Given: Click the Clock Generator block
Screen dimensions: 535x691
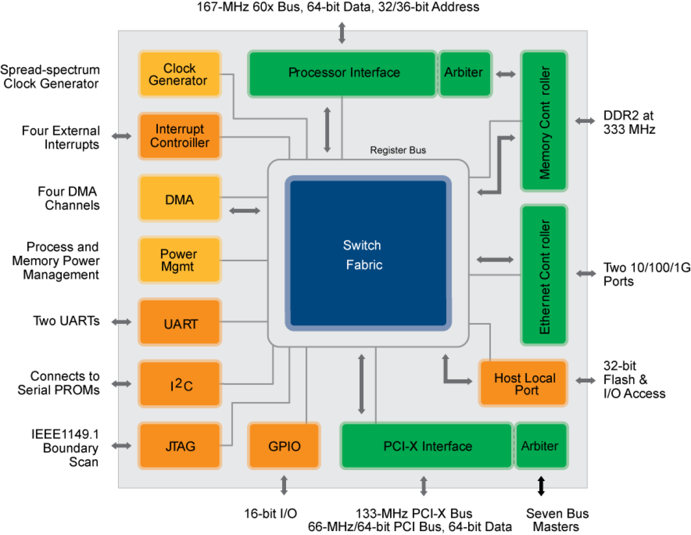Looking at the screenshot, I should (179, 74).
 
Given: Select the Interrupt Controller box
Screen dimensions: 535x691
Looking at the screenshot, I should (179, 136).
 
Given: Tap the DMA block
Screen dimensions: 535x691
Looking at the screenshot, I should (179, 199).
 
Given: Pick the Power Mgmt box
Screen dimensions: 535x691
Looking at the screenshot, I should (179, 260).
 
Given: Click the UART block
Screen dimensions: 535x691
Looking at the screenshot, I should (179, 323).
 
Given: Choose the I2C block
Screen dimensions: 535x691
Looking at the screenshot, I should (179, 384).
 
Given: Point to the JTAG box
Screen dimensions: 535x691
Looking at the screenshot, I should (179, 446).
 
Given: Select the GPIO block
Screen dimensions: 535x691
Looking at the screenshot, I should (284, 446).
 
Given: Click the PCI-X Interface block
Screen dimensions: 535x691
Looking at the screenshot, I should (427, 446).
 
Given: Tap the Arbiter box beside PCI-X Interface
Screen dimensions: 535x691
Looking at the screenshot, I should (540, 446).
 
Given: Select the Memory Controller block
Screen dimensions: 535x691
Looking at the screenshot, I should (544, 122).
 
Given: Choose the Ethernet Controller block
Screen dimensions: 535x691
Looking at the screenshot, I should (544, 275).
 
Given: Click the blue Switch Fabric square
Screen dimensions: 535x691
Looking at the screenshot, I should (368, 254).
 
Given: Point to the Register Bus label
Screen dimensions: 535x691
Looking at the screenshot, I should (398, 150).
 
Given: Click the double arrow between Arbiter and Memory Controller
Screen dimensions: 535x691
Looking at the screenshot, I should (506, 74).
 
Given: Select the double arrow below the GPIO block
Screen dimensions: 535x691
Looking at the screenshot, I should (284, 486).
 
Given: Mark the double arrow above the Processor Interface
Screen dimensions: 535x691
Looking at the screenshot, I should (342, 32).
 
